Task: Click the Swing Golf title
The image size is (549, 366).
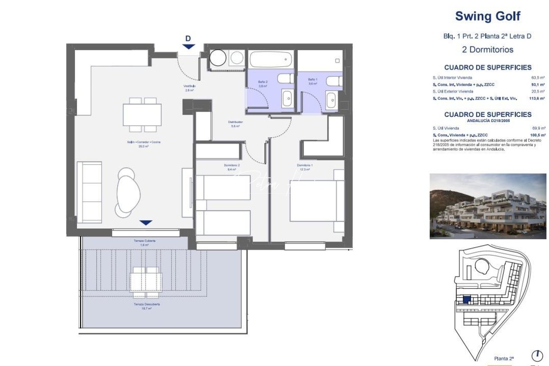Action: coord(487,16)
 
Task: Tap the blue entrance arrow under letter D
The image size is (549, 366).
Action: coord(188,47)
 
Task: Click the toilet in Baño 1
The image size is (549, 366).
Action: coord(334,81)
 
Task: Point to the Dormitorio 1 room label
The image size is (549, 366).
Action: coord(305,167)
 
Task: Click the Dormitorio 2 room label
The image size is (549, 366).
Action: coord(231,167)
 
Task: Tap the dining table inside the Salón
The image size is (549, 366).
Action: coord(142,115)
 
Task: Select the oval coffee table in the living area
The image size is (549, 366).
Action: coord(128,192)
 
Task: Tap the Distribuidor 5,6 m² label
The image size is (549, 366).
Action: coord(235,124)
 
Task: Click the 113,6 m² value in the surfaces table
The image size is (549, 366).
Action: coord(536,99)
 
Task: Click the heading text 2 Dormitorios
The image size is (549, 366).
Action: coord(487,49)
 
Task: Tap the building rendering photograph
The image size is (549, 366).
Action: coord(487,206)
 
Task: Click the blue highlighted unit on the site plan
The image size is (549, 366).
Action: coord(467,300)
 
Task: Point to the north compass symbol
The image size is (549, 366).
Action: coord(537,356)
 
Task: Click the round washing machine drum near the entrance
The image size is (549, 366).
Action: coord(218,58)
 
